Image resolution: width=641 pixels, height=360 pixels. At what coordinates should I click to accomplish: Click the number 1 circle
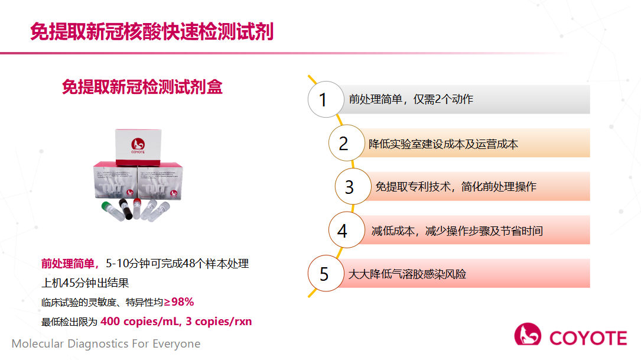[323, 99]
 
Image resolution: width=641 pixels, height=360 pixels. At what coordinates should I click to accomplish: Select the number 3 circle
[350, 187]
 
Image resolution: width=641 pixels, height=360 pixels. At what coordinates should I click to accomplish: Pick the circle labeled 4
[343, 231]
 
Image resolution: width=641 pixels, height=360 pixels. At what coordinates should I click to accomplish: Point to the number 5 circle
[324, 274]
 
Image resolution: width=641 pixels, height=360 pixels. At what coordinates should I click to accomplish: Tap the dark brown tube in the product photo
[124, 210]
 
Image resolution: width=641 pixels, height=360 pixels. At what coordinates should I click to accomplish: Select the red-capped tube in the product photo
[137, 209]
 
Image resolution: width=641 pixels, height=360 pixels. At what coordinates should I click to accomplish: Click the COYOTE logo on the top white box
[138, 144]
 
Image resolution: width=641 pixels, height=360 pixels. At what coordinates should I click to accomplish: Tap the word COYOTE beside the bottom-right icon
[588, 338]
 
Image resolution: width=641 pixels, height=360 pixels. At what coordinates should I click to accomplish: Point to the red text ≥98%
[180, 302]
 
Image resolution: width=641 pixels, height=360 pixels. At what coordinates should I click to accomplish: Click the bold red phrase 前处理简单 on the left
[67, 264]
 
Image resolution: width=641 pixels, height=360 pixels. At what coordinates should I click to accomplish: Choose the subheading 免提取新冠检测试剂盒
[142, 87]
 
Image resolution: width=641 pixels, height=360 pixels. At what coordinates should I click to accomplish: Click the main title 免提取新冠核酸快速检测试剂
[152, 32]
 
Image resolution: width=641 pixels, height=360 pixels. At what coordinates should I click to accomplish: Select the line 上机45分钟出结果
[85, 283]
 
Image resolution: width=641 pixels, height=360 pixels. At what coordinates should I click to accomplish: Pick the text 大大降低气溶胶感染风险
[407, 274]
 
